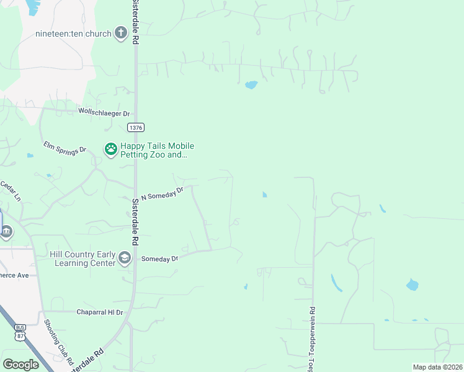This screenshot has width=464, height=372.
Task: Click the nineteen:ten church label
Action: (73, 33)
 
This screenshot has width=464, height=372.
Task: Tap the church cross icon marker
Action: (120, 33)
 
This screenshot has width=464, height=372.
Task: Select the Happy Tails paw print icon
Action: (110, 149)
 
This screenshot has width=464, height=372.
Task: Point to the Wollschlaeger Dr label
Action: (104, 113)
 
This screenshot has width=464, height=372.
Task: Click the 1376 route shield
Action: (136, 127)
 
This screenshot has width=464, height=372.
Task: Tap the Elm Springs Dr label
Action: (65, 149)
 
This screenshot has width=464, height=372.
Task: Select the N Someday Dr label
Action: (163, 194)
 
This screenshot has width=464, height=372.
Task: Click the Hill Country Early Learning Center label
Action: (83, 259)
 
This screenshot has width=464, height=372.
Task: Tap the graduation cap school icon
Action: (125, 258)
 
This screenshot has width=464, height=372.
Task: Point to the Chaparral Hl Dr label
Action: (100, 312)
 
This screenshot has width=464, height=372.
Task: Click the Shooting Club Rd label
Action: (59, 342)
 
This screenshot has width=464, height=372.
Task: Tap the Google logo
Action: (20, 365)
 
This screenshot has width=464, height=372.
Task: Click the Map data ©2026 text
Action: (437, 367)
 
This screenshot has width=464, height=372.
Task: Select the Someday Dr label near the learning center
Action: (159, 259)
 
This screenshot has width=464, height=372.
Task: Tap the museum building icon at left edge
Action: (6, 232)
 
